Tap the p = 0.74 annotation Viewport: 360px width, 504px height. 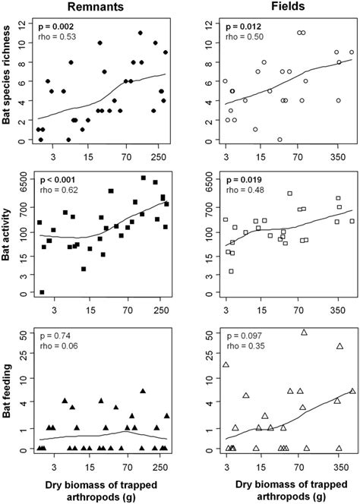coord(53,334)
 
